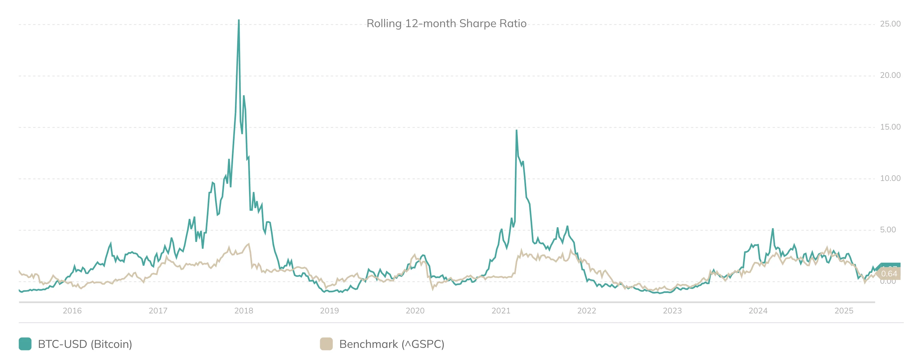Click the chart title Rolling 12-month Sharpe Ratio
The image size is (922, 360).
tap(446, 24)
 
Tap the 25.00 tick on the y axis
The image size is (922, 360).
tap(890, 24)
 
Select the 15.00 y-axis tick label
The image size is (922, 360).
tap(890, 127)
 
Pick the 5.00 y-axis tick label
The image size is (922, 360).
tap(888, 230)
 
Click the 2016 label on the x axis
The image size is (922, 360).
tap(72, 311)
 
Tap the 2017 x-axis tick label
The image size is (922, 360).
tap(158, 311)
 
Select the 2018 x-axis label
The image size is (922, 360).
tap(244, 311)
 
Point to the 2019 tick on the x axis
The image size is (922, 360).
tap(329, 311)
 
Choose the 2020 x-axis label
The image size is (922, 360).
tap(415, 311)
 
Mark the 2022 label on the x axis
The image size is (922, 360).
tap(587, 311)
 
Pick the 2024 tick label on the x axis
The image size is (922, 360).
tap(758, 311)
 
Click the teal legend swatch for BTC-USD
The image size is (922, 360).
tap(25, 344)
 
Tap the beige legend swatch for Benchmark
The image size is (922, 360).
tap(326, 344)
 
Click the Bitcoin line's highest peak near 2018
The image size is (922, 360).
tap(239, 20)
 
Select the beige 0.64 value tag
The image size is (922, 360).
tap(889, 274)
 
